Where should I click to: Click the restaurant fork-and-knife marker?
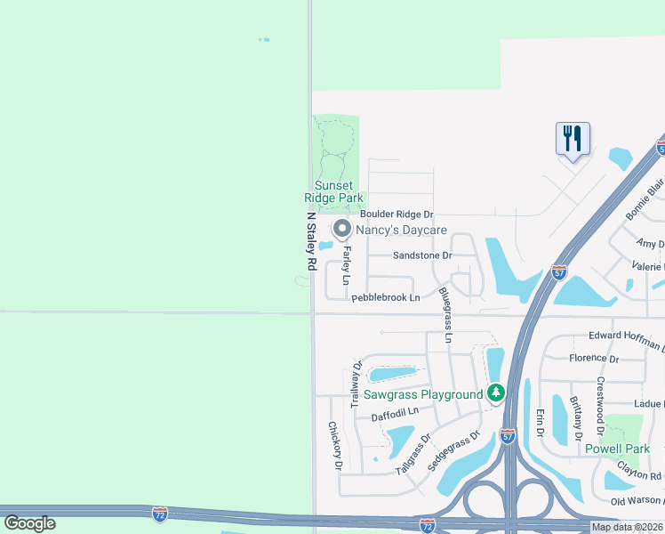[573, 139]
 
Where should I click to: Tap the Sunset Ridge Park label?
[333, 191]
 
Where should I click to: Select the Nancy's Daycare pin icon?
[340, 230]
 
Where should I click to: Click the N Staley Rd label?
[311, 241]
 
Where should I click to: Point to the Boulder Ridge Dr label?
[397, 214]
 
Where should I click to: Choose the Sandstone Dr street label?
[423, 255]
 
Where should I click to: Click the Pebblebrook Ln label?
[385, 298]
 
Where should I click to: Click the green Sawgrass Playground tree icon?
[496, 392]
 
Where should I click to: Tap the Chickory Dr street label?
[335, 445]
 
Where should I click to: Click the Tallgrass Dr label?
[413, 451]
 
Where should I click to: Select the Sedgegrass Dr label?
[453, 450]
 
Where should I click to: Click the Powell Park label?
[618, 449]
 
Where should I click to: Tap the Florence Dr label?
[594, 359]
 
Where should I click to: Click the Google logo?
[30, 523]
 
